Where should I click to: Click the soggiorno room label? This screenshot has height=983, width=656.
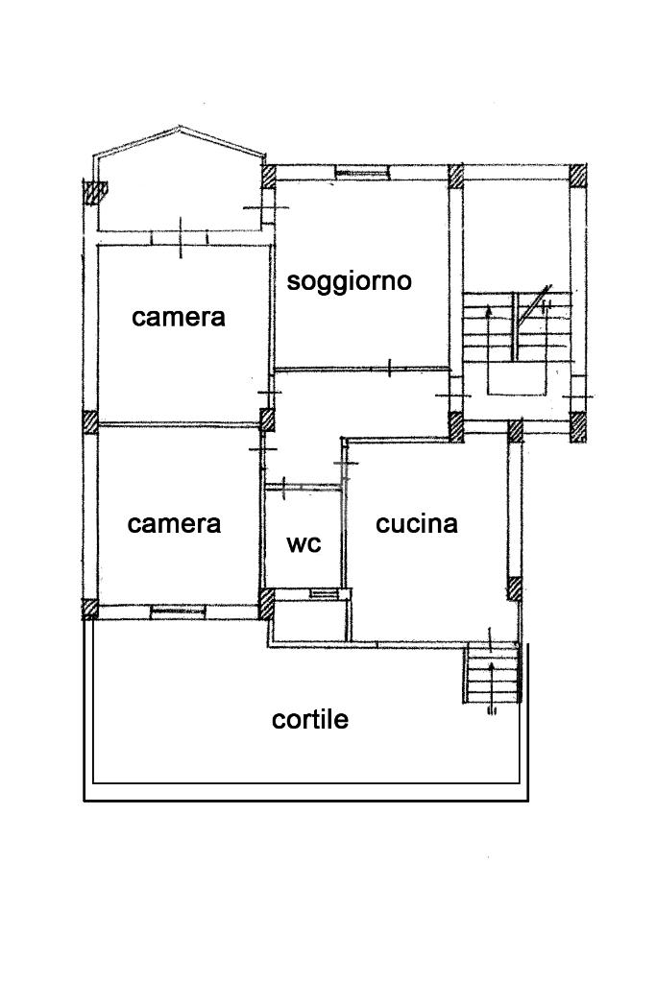350,281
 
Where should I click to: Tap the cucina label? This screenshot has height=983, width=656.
416,524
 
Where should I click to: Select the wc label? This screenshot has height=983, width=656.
304,543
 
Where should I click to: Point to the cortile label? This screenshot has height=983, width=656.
309,719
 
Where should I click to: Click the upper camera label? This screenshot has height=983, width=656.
179,317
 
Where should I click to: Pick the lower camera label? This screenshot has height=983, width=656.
174,524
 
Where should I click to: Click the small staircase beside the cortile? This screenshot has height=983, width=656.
492,675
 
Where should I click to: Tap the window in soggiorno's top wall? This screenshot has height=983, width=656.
361,174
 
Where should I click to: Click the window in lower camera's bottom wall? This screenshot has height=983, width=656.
179,610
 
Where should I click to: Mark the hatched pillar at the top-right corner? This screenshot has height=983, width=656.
578,176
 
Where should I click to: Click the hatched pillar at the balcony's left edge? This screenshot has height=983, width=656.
92,192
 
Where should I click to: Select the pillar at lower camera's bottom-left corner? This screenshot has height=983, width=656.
90,610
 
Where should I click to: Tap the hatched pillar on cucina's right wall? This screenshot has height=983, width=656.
516,587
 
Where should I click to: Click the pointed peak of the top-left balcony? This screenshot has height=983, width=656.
180,128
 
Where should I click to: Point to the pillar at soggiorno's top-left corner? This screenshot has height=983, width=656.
269,176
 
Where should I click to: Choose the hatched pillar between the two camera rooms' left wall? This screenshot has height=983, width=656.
89,422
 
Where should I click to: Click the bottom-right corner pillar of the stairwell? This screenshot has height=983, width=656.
578,424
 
